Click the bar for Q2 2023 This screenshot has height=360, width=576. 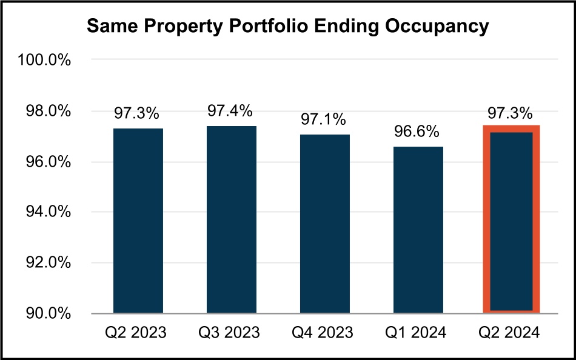coord(138,221)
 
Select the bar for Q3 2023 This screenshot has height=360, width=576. coord(231,220)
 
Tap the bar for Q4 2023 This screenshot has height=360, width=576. coord(324,224)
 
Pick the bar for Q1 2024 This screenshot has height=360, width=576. coord(418,230)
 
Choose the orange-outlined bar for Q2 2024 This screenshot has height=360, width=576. coord(511,221)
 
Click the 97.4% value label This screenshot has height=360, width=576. coord(231,111)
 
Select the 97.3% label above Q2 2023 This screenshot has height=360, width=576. coord(138,113)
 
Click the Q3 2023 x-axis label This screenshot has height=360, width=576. coord(231,333)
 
